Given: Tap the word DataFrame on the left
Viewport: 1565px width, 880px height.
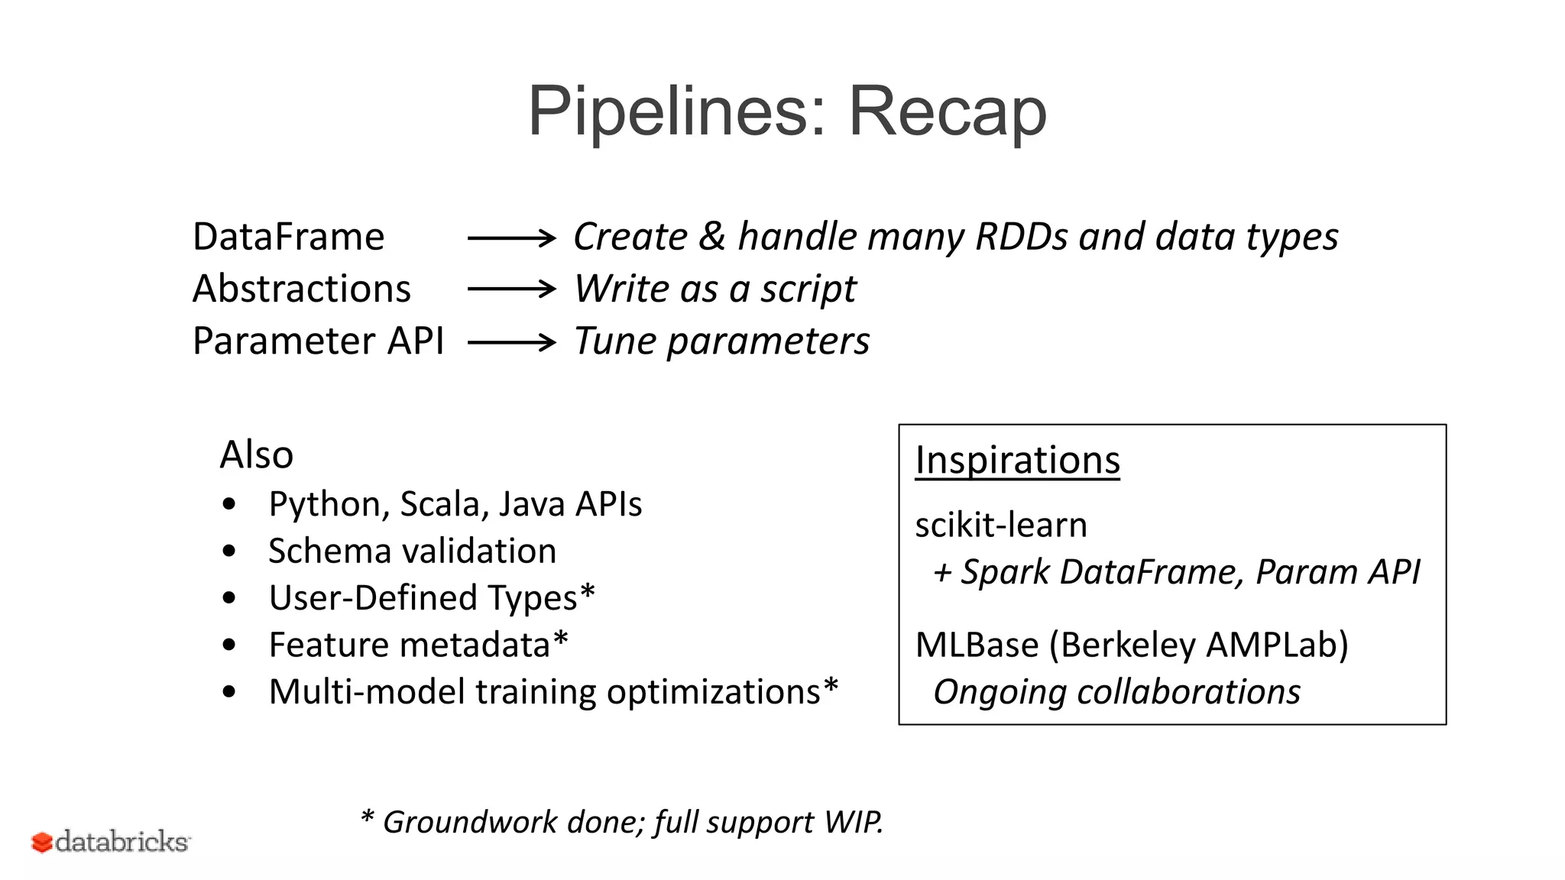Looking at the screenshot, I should click(288, 237).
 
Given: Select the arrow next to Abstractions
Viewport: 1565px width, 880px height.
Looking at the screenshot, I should click(511, 289).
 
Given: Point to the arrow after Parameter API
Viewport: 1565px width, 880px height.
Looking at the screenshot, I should click(511, 341).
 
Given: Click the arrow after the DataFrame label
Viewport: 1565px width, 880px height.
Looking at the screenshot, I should click(511, 238).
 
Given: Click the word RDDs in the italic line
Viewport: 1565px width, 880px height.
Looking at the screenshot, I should click(1021, 237).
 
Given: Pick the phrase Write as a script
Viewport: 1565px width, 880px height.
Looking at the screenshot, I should click(714, 290).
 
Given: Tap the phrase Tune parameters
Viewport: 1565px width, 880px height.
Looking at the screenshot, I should click(721, 341).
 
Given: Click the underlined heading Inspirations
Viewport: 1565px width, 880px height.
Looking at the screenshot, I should click(1017, 461).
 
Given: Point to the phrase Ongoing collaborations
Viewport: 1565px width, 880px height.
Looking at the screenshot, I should click(1116, 692).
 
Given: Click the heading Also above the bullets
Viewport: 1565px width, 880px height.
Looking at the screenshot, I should click(256, 455).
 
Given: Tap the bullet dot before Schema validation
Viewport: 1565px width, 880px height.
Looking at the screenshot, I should click(229, 551).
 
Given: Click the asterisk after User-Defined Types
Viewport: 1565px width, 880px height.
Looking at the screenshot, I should click(587, 592).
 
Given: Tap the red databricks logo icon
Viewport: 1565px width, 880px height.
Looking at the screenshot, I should click(41, 842).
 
